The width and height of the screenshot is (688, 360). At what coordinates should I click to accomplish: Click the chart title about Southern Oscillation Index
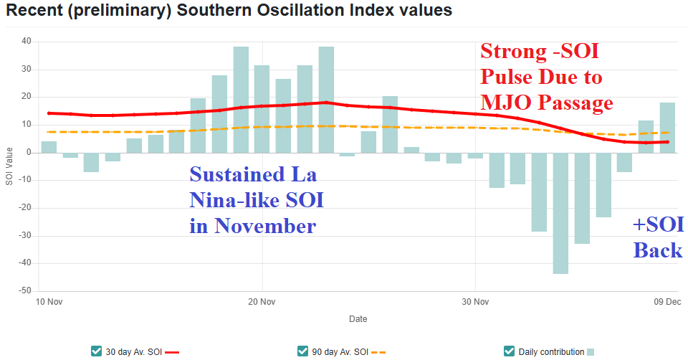229,11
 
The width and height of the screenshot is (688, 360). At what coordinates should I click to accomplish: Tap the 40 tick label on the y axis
27,42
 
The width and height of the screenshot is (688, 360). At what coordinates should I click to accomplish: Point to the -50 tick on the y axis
25,291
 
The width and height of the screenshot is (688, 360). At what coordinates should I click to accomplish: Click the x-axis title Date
358,318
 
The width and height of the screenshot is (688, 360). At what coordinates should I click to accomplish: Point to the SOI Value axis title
9,166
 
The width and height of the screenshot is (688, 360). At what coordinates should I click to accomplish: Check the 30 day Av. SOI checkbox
97,351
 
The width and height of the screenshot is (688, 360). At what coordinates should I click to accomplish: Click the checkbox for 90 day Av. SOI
302,351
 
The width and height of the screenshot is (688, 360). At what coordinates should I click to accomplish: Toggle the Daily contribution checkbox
510,351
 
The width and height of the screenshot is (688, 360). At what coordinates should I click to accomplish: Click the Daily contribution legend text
551,351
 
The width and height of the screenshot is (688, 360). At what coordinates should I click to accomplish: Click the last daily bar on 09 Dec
667,128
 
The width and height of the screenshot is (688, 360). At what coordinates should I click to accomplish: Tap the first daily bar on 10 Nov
49,147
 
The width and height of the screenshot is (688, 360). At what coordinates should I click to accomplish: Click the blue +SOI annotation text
658,225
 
